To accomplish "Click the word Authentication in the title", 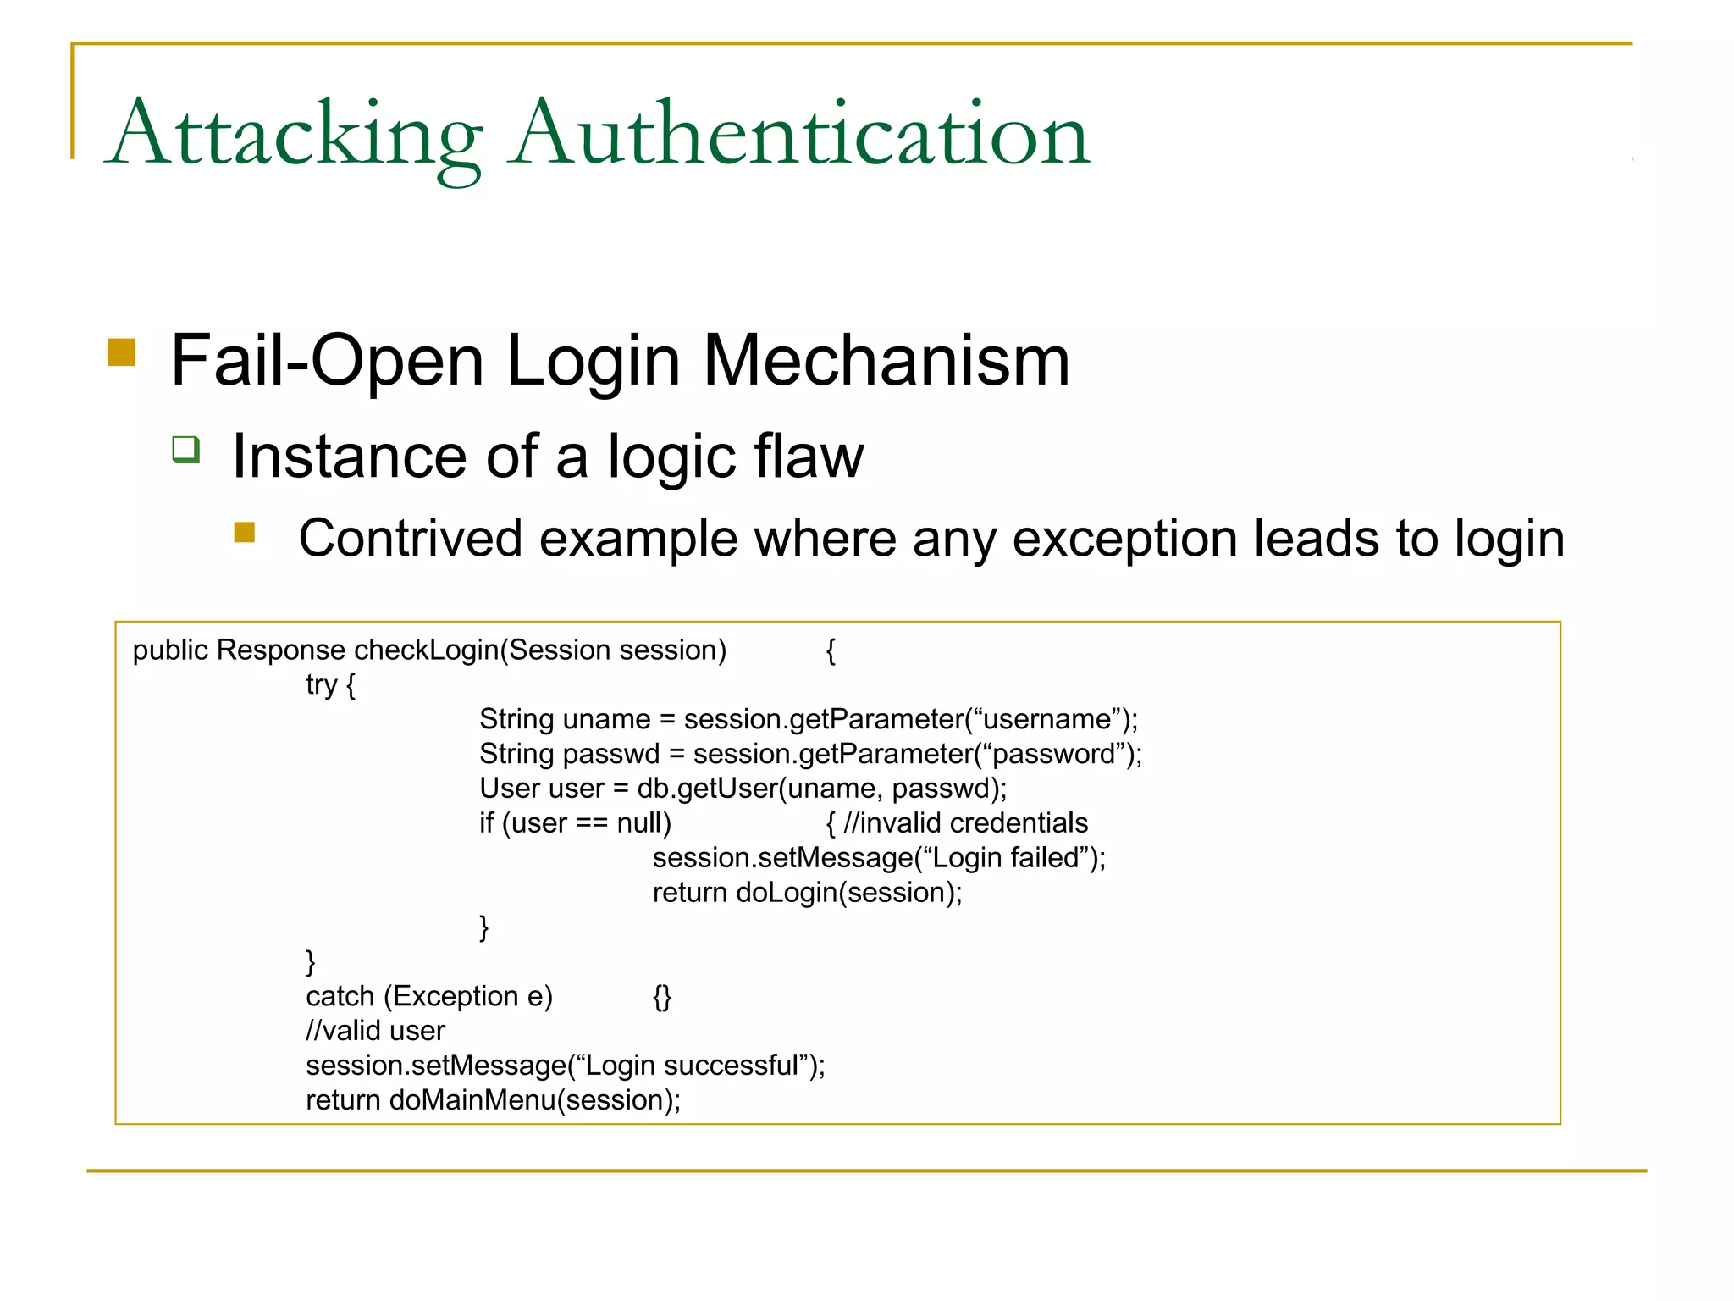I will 801,136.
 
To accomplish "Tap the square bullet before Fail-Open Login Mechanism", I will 122,352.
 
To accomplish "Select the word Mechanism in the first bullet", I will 886,361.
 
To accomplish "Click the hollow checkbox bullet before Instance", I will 186,449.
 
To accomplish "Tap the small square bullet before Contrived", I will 245,532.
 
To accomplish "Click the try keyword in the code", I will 322,684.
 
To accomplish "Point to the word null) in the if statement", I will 643,823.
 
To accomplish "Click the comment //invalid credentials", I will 965,823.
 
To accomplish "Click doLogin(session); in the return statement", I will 849,893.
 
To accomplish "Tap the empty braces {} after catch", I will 662,997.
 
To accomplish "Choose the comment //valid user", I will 375,1031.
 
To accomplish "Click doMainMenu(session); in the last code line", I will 535,1100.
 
